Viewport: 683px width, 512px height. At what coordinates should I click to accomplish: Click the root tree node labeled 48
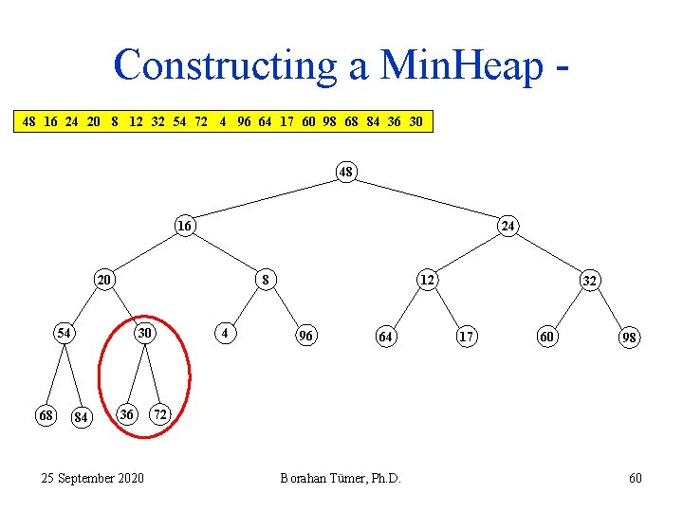(x=346, y=173)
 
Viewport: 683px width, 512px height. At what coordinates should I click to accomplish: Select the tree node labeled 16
(x=185, y=226)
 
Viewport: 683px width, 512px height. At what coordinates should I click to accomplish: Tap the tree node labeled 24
(x=508, y=226)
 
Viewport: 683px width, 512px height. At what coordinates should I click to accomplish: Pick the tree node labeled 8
(x=267, y=280)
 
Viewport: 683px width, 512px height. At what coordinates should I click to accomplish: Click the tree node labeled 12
(x=428, y=280)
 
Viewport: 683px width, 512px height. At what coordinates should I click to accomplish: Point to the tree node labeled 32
(x=589, y=281)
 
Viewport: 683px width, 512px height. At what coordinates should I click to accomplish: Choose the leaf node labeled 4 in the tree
(x=224, y=334)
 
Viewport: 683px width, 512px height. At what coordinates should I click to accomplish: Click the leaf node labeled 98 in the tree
(x=630, y=338)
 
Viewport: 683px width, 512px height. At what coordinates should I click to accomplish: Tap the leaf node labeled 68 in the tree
(x=45, y=415)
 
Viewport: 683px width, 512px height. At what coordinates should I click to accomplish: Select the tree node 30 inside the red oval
(x=144, y=334)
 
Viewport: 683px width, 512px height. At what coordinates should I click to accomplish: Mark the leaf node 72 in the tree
(x=161, y=415)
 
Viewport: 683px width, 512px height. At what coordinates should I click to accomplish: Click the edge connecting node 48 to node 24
(x=427, y=199)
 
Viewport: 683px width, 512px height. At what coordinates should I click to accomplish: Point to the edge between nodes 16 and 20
(x=145, y=252)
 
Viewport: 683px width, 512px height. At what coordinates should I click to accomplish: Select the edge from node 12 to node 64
(x=407, y=307)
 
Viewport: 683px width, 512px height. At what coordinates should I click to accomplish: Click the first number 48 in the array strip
(x=29, y=122)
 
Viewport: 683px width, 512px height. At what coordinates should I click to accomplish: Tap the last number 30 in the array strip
(x=415, y=122)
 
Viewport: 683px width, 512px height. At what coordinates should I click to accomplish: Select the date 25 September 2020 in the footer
(x=93, y=478)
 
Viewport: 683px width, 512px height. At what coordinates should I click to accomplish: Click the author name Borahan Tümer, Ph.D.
(x=341, y=478)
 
